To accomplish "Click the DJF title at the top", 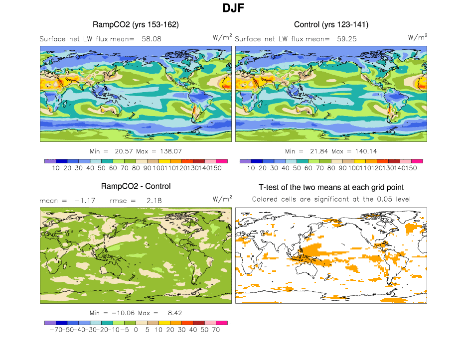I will [233, 8].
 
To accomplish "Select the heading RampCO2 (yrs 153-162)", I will [136, 24].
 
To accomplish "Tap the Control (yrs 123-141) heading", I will [331, 24].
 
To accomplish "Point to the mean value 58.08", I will [152, 38].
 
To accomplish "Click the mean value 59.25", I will [346, 38].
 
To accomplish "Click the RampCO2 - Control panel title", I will [136, 186].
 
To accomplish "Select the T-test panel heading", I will [331, 187].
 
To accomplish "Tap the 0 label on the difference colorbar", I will [136, 330].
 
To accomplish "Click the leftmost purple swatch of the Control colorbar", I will [245, 161].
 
